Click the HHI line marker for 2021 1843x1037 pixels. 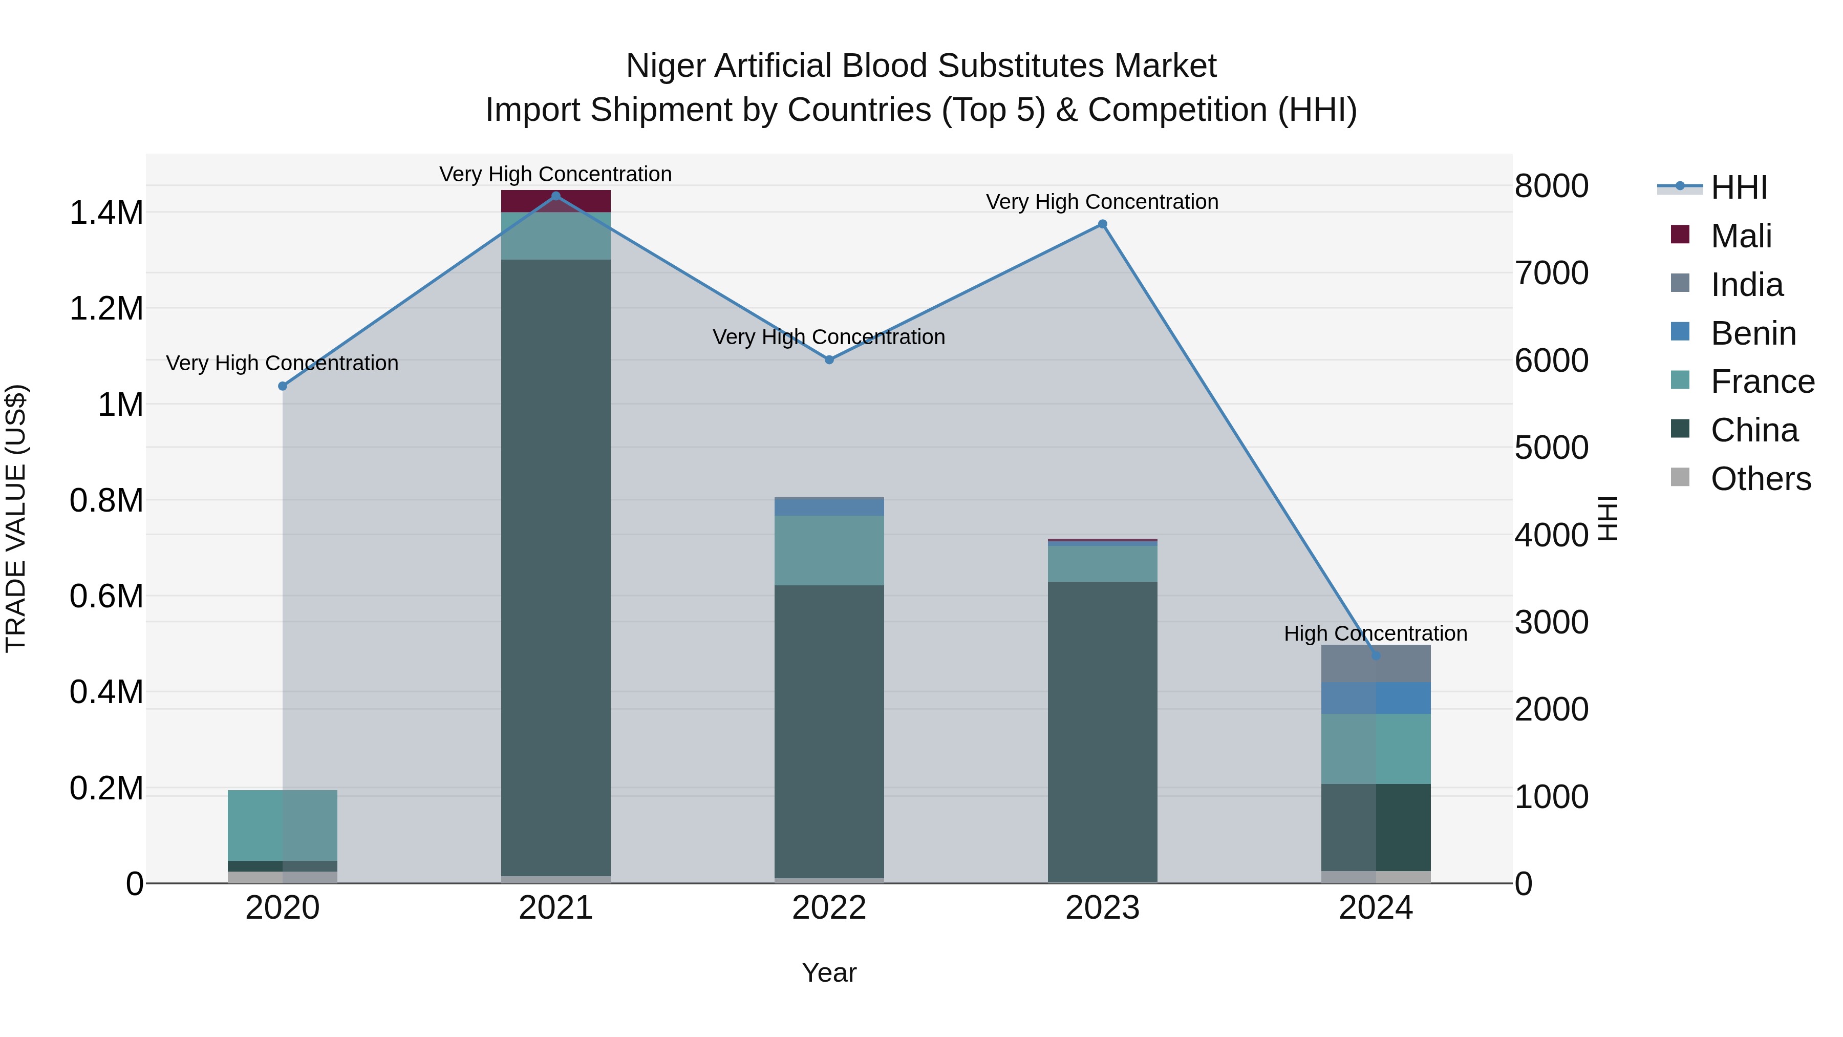point(556,196)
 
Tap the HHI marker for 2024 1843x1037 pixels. point(1376,655)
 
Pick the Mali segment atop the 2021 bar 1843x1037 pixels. point(556,202)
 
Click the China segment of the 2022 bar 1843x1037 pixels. point(829,730)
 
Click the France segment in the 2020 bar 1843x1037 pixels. point(283,825)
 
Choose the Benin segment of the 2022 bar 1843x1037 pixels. point(829,506)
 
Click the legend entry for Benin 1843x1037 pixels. point(1753,333)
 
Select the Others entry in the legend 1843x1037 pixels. point(1760,479)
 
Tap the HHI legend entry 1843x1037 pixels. point(1739,187)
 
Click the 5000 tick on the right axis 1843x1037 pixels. point(1551,448)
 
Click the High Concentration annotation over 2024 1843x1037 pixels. point(1375,634)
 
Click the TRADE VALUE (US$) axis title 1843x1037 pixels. point(16,518)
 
